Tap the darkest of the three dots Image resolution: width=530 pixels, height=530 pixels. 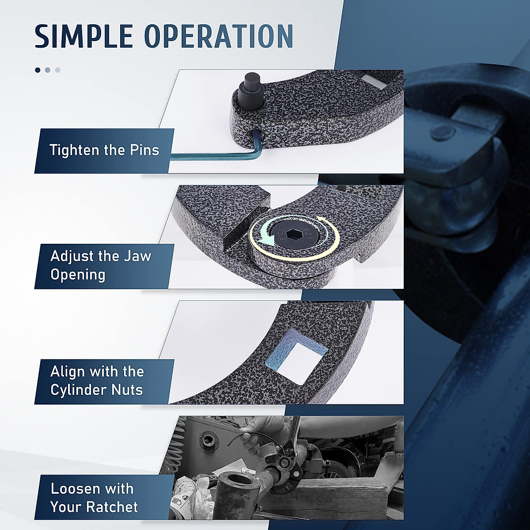coord(38,70)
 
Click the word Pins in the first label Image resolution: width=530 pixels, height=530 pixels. coord(144,150)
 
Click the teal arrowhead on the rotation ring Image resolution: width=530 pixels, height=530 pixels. coord(265,239)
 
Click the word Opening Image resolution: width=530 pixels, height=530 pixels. coord(78,275)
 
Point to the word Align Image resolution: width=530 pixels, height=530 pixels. coord(66,371)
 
